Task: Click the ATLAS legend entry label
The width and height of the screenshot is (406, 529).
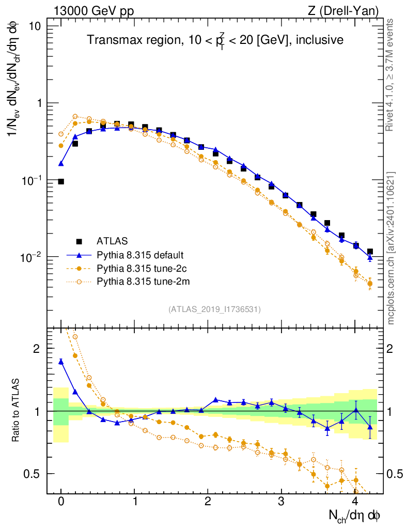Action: [x=112, y=241]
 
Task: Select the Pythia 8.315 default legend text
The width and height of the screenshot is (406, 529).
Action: [x=139, y=255]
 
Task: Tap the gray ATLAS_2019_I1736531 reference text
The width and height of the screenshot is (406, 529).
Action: [x=214, y=309]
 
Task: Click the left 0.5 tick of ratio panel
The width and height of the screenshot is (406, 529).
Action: [x=36, y=474]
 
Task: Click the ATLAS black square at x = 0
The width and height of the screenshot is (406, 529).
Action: [x=61, y=182]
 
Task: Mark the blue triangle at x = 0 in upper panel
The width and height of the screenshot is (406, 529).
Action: [x=61, y=164]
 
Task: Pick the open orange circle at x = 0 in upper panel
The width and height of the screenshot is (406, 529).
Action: [x=61, y=134]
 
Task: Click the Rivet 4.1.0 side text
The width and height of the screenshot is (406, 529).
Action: [x=391, y=75]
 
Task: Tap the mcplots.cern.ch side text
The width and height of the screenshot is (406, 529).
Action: [x=391, y=248]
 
